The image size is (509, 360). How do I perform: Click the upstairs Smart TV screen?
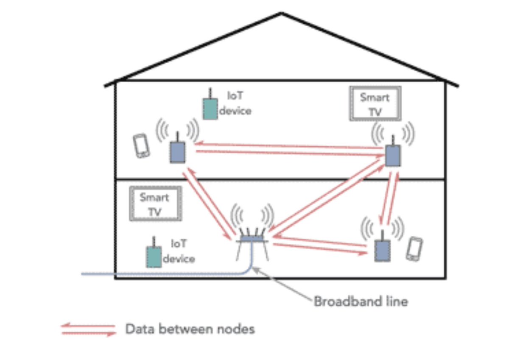tap(375, 103)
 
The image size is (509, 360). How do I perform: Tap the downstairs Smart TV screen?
tap(155, 204)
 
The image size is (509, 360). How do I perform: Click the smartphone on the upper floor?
tap(141, 146)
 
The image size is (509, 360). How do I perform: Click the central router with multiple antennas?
tap(252, 240)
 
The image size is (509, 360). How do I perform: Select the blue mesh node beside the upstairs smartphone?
tap(178, 151)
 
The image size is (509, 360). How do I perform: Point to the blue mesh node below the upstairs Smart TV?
tap(393, 155)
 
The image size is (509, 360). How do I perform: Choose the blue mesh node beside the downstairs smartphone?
tap(382, 250)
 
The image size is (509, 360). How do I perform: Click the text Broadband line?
tap(361, 301)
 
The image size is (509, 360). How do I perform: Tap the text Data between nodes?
tap(190, 329)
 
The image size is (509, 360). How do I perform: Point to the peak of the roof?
tap(281, 14)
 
